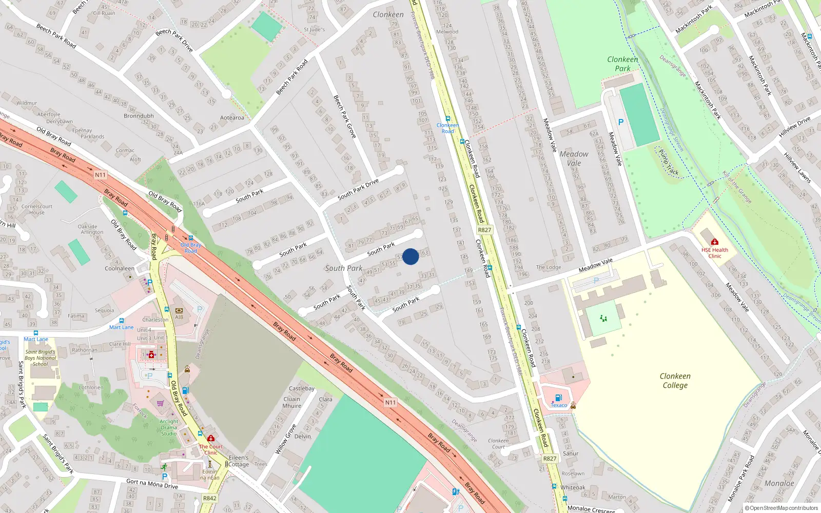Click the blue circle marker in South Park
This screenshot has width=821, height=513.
(x=411, y=256)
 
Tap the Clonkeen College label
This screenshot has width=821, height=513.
(x=675, y=381)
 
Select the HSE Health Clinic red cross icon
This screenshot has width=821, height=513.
(x=715, y=242)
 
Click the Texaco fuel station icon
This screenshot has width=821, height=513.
(x=558, y=398)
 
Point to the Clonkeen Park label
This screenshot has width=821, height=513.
(x=622, y=64)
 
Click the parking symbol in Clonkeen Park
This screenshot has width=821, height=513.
(x=621, y=122)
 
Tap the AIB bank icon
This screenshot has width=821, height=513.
(x=179, y=310)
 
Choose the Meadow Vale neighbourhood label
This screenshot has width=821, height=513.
(x=574, y=158)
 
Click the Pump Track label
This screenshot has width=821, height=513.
(x=669, y=162)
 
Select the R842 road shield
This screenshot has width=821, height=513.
(x=209, y=498)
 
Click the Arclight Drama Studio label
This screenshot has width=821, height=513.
(x=169, y=427)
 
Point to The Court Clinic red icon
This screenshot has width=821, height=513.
(x=211, y=438)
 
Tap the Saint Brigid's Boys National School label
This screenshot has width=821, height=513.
(x=41, y=358)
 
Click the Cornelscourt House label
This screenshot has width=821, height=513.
(x=37, y=209)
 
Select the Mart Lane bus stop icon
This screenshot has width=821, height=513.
(x=122, y=321)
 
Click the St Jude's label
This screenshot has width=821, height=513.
(x=314, y=29)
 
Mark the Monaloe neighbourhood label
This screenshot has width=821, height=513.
(x=779, y=483)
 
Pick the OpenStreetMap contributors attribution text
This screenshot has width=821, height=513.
(x=781, y=508)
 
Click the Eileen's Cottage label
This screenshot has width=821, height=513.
(x=239, y=461)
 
